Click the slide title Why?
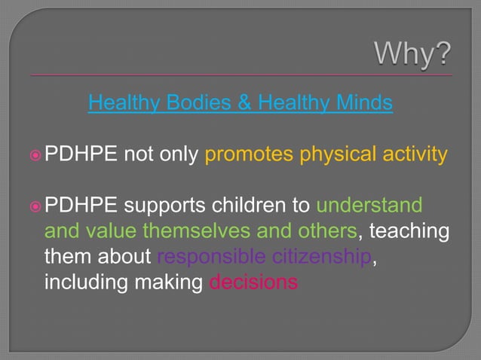pos(414,55)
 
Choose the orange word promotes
pos(250,155)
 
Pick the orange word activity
pos(414,155)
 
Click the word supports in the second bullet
pos(162,206)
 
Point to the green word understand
pos(369,206)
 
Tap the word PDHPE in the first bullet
pos(81,155)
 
